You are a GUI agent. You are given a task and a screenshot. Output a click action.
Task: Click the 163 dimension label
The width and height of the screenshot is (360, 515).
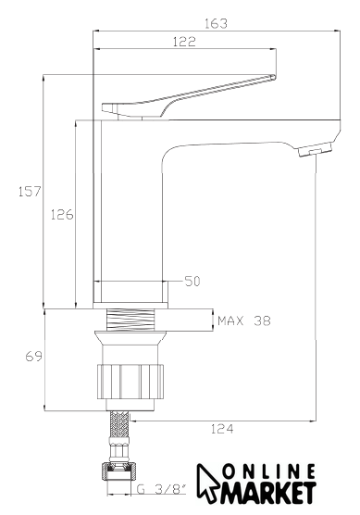[x=216, y=24]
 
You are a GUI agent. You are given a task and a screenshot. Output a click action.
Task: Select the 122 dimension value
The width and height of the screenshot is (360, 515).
[x=184, y=42]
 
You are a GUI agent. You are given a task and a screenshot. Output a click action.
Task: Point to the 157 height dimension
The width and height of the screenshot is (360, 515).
[x=30, y=191]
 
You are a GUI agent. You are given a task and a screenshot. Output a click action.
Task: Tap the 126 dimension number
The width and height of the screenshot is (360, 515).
[x=62, y=215]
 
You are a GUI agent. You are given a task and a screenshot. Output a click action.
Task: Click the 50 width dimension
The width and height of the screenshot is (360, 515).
[x=192, y=282]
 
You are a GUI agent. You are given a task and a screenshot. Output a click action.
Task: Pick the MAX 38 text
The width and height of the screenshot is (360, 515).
[x=244, y=320]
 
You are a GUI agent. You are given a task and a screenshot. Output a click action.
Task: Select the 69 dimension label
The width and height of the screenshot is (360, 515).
[x=34, y=357]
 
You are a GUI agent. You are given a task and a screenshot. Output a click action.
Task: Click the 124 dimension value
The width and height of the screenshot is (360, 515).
[x=222, y=429]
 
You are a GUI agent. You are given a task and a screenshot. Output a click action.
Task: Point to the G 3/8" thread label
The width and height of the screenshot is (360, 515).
[x=161, y=490]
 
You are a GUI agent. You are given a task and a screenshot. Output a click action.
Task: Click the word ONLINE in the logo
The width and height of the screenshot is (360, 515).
[x=269, y=472]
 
